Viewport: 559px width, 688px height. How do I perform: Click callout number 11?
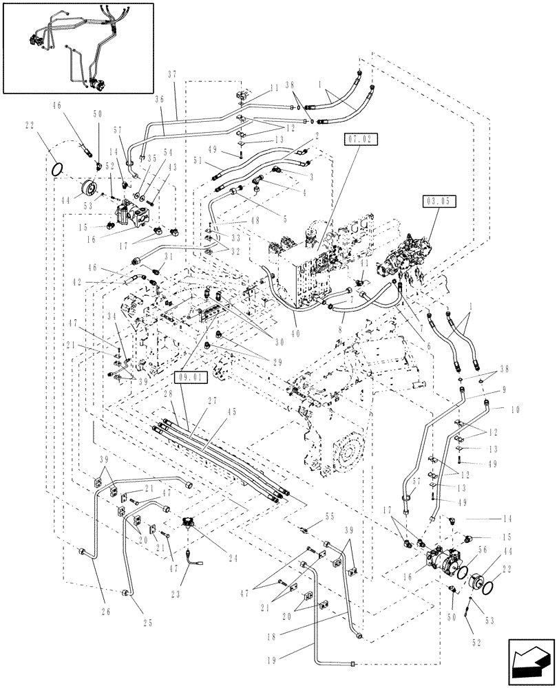coord(255,88)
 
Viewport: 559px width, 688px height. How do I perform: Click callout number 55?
coord(310,515)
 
